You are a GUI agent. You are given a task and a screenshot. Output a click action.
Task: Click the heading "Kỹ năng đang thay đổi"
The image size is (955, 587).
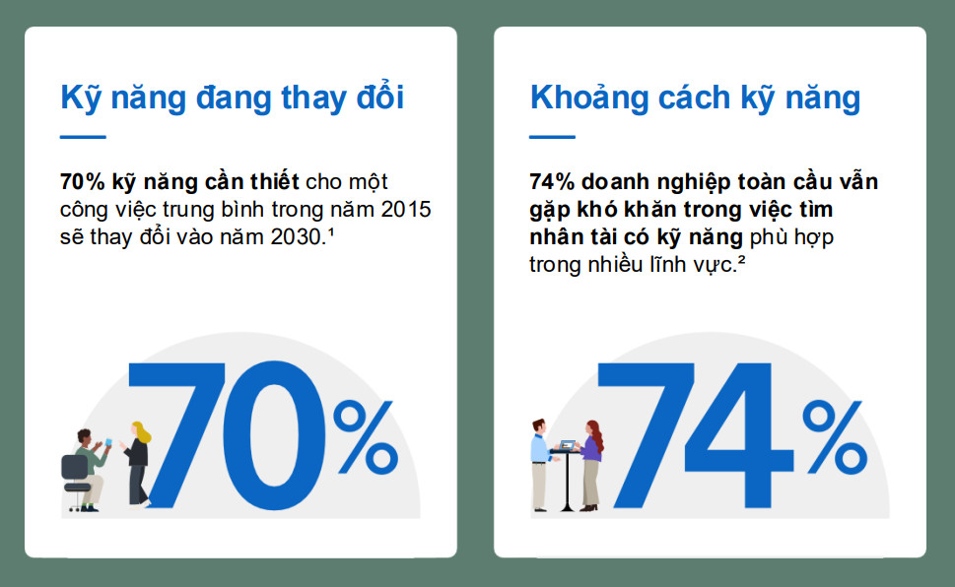232,98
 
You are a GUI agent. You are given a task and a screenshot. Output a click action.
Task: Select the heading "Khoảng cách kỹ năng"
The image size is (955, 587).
695,98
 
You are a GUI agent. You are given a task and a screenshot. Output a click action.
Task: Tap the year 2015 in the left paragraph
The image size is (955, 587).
406,210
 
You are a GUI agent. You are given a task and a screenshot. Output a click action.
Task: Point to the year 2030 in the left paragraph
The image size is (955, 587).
296,237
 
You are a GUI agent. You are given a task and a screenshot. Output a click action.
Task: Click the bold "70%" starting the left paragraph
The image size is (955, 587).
82,182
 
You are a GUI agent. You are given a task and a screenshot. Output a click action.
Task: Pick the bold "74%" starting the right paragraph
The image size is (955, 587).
552,182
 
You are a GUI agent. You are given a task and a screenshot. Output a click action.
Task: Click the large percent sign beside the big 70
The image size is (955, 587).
366,437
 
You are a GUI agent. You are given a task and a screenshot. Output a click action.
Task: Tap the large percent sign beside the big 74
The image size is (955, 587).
835,437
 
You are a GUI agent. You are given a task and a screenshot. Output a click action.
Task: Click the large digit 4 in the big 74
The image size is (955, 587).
739,436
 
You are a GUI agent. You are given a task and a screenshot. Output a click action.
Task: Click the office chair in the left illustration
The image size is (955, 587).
77,482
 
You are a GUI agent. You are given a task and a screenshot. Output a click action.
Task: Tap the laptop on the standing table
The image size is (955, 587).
568,445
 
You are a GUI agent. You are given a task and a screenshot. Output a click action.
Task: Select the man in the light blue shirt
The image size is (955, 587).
541,465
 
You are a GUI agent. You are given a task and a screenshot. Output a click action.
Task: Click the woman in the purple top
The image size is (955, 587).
591,465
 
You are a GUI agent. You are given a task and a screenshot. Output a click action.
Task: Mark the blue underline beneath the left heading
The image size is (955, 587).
83,137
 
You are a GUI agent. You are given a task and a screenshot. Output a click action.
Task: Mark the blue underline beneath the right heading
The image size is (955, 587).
553,137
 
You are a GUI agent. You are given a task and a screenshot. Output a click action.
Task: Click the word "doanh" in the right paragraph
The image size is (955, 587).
615,182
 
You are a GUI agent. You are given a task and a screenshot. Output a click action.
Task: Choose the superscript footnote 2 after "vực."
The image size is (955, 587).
741,259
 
